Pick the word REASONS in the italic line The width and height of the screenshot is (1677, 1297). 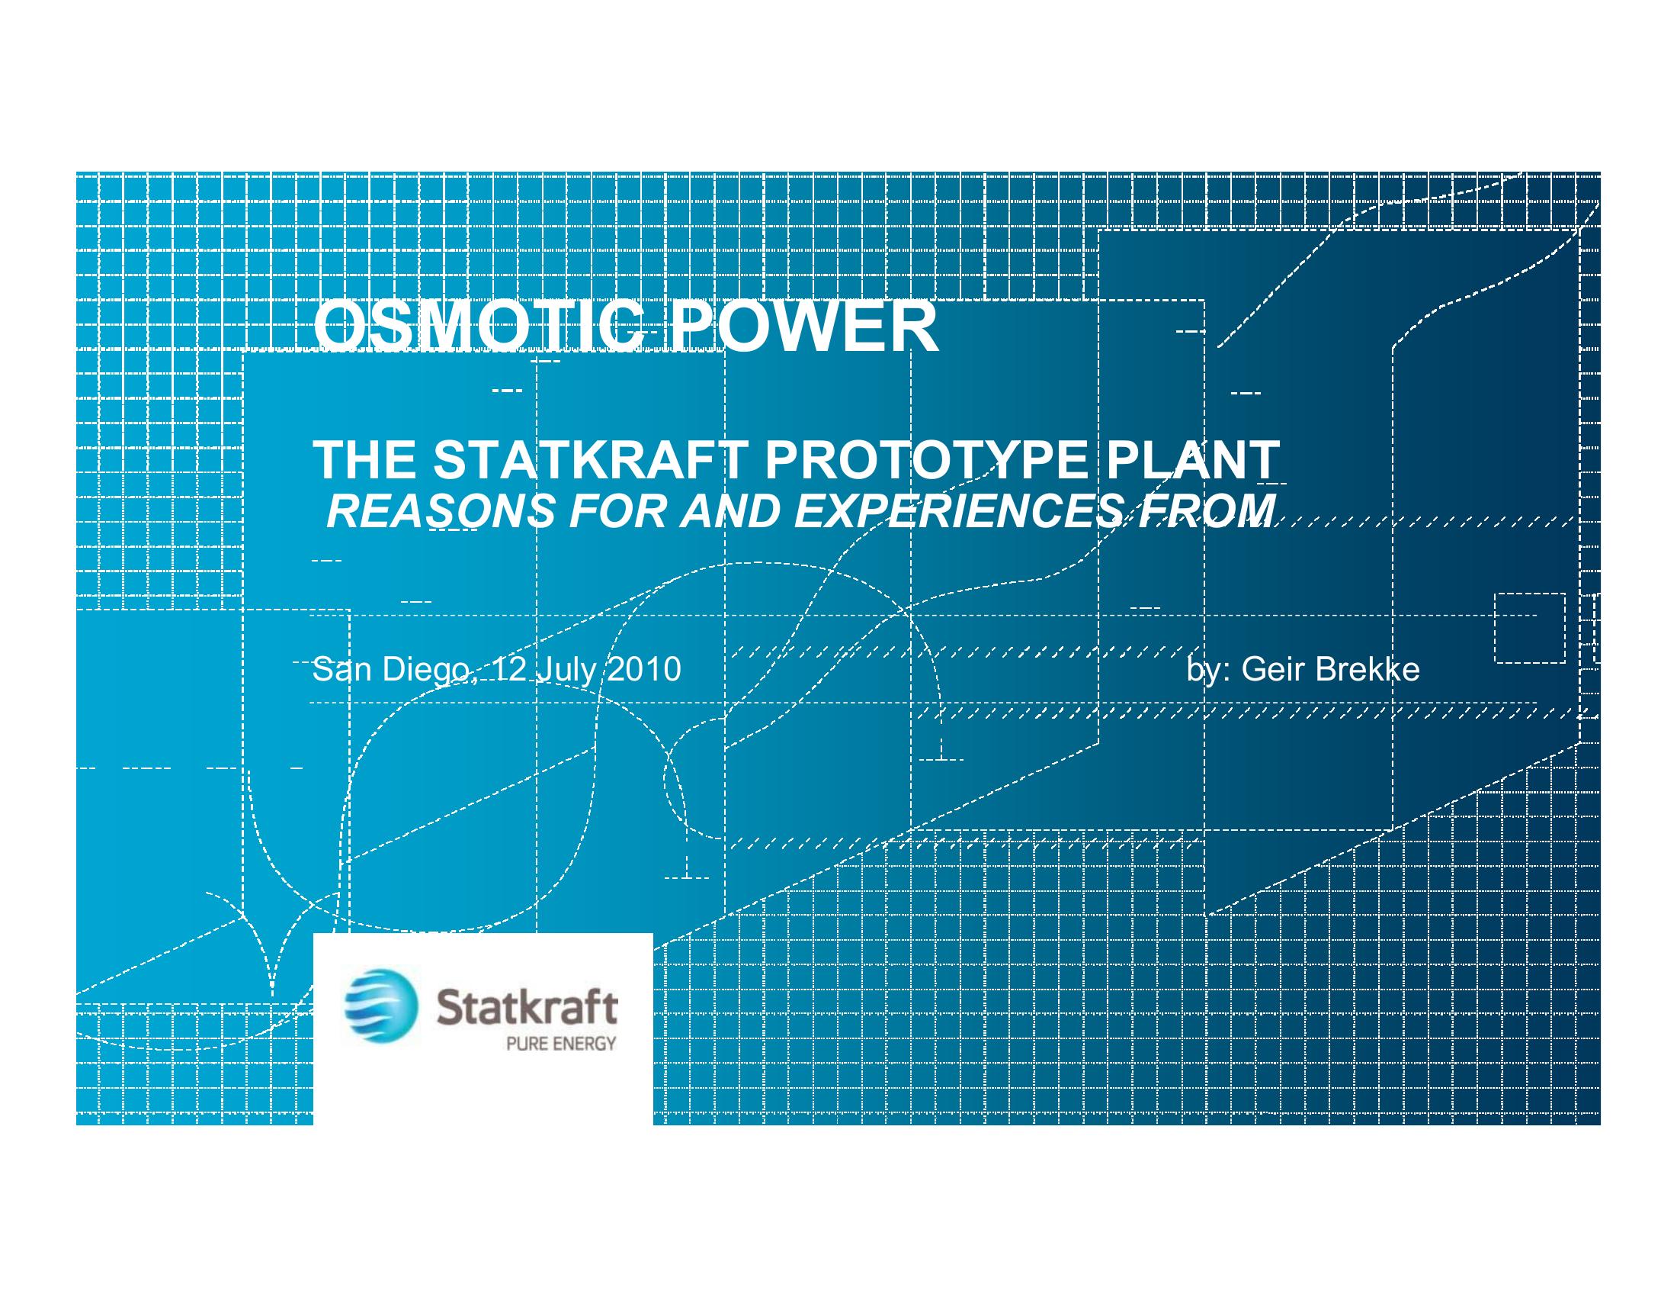(441, 512)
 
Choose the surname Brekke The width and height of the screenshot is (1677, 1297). (1368, 669)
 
